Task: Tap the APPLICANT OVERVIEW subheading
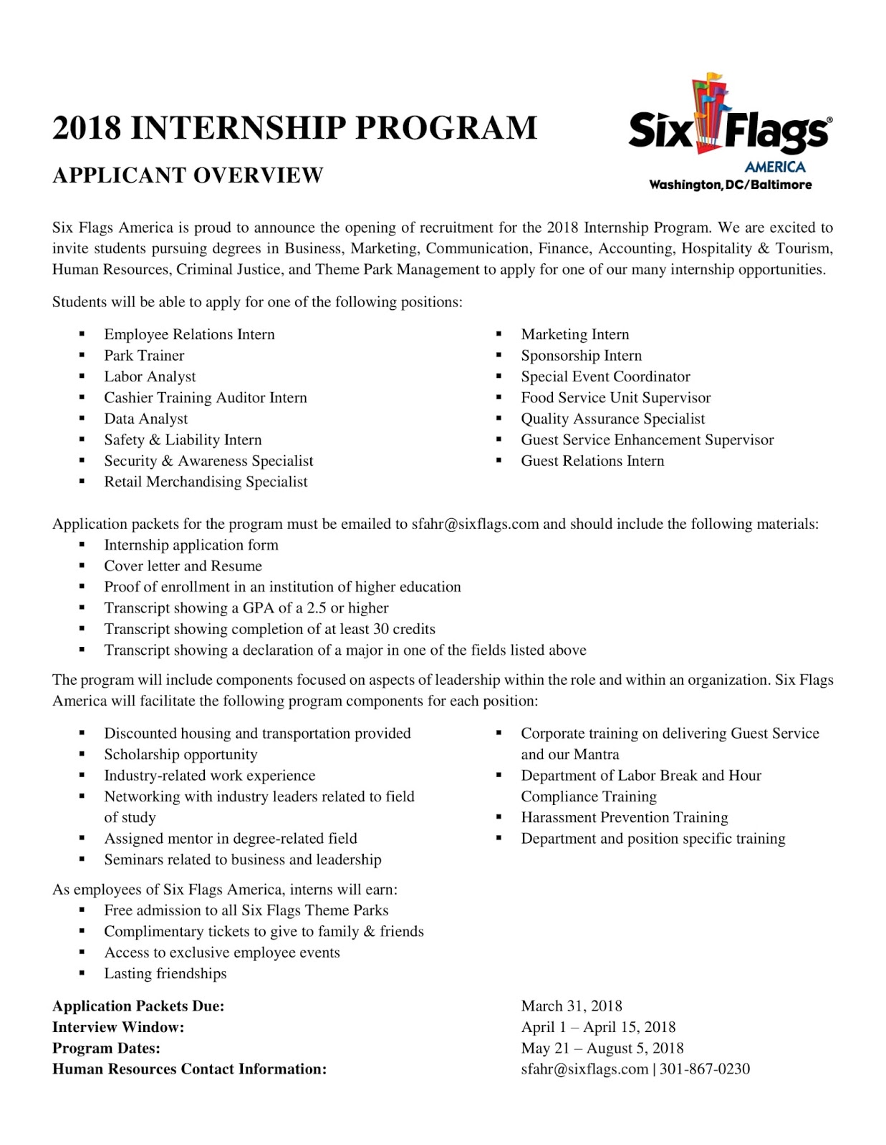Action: tap(188, 175)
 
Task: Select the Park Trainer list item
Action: tap(144, 356)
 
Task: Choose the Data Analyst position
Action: tap(146, 419)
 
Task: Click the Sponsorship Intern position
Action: tap(581, 356)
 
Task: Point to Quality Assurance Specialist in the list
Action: tap(612, 419)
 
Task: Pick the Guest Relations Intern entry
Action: tap(592, 461)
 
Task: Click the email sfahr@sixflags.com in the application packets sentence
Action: tap(475, 524)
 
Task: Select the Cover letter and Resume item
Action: tap(183, 566)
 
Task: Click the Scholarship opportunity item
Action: tap(180, 754)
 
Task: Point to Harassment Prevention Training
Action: tap(624, 817)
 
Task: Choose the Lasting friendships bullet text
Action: tap(165, 973)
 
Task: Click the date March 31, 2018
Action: tap(572, 1006)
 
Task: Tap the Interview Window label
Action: tap(118, 1027)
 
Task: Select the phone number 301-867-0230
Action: tap(705, 1069)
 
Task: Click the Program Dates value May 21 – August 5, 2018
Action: tap(602, 1048)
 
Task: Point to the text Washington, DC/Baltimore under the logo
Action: tap(730, 185)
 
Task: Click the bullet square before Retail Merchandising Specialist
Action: tap(82, 482)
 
